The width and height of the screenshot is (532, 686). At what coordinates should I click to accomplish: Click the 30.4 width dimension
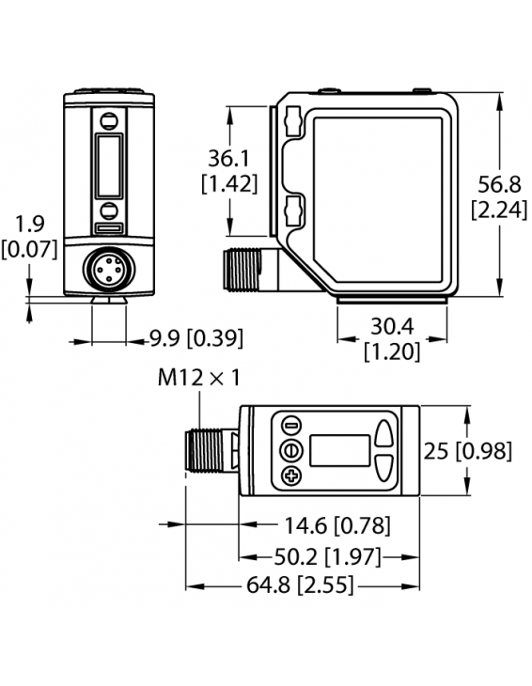point(391,327)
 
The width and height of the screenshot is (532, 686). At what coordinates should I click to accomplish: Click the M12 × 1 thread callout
point(198,379)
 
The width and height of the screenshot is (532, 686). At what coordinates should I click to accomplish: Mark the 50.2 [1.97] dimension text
point(329,555)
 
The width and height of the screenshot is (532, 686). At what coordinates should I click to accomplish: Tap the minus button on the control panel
point(290,424)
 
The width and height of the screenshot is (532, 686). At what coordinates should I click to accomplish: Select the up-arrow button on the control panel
point(383,432)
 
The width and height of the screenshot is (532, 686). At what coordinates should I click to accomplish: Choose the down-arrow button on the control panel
point(383,468)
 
